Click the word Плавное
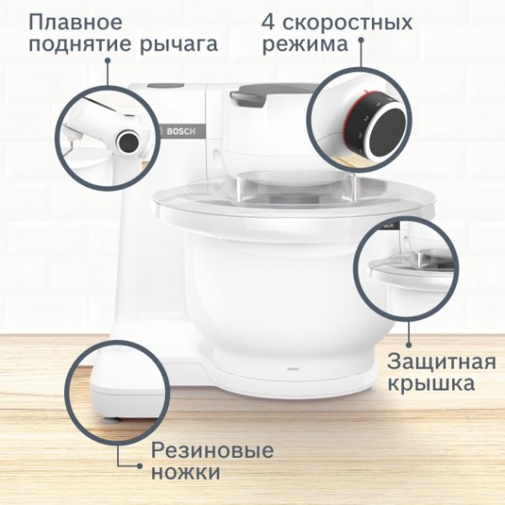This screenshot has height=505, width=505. [x=76, y=22]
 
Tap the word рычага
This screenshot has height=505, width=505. [x=179, y=45]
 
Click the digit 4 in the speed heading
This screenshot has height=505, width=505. [x=268, y=22]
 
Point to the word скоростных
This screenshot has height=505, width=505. [x=347, y=24]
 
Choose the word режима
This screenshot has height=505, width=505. [x=306, y=45]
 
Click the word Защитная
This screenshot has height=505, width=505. [x=442, y=362]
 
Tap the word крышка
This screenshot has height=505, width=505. [x=431, y=384]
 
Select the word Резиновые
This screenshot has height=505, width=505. [x=212, y=450]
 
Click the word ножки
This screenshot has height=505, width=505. [x=186, y=472]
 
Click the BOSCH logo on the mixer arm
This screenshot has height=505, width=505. [x=181, y=131]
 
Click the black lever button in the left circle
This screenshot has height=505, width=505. [x=128, y=141]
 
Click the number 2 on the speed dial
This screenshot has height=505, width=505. [x=366, y=119]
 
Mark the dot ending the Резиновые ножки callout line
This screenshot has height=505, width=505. [x=139, y=465]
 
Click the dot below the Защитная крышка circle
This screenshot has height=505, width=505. [x=409, y=344]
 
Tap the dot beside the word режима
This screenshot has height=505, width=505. [x=361, y=40]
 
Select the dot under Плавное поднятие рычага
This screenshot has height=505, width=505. [x=108, y=61]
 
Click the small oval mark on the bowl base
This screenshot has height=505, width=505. [x=292, y=368]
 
